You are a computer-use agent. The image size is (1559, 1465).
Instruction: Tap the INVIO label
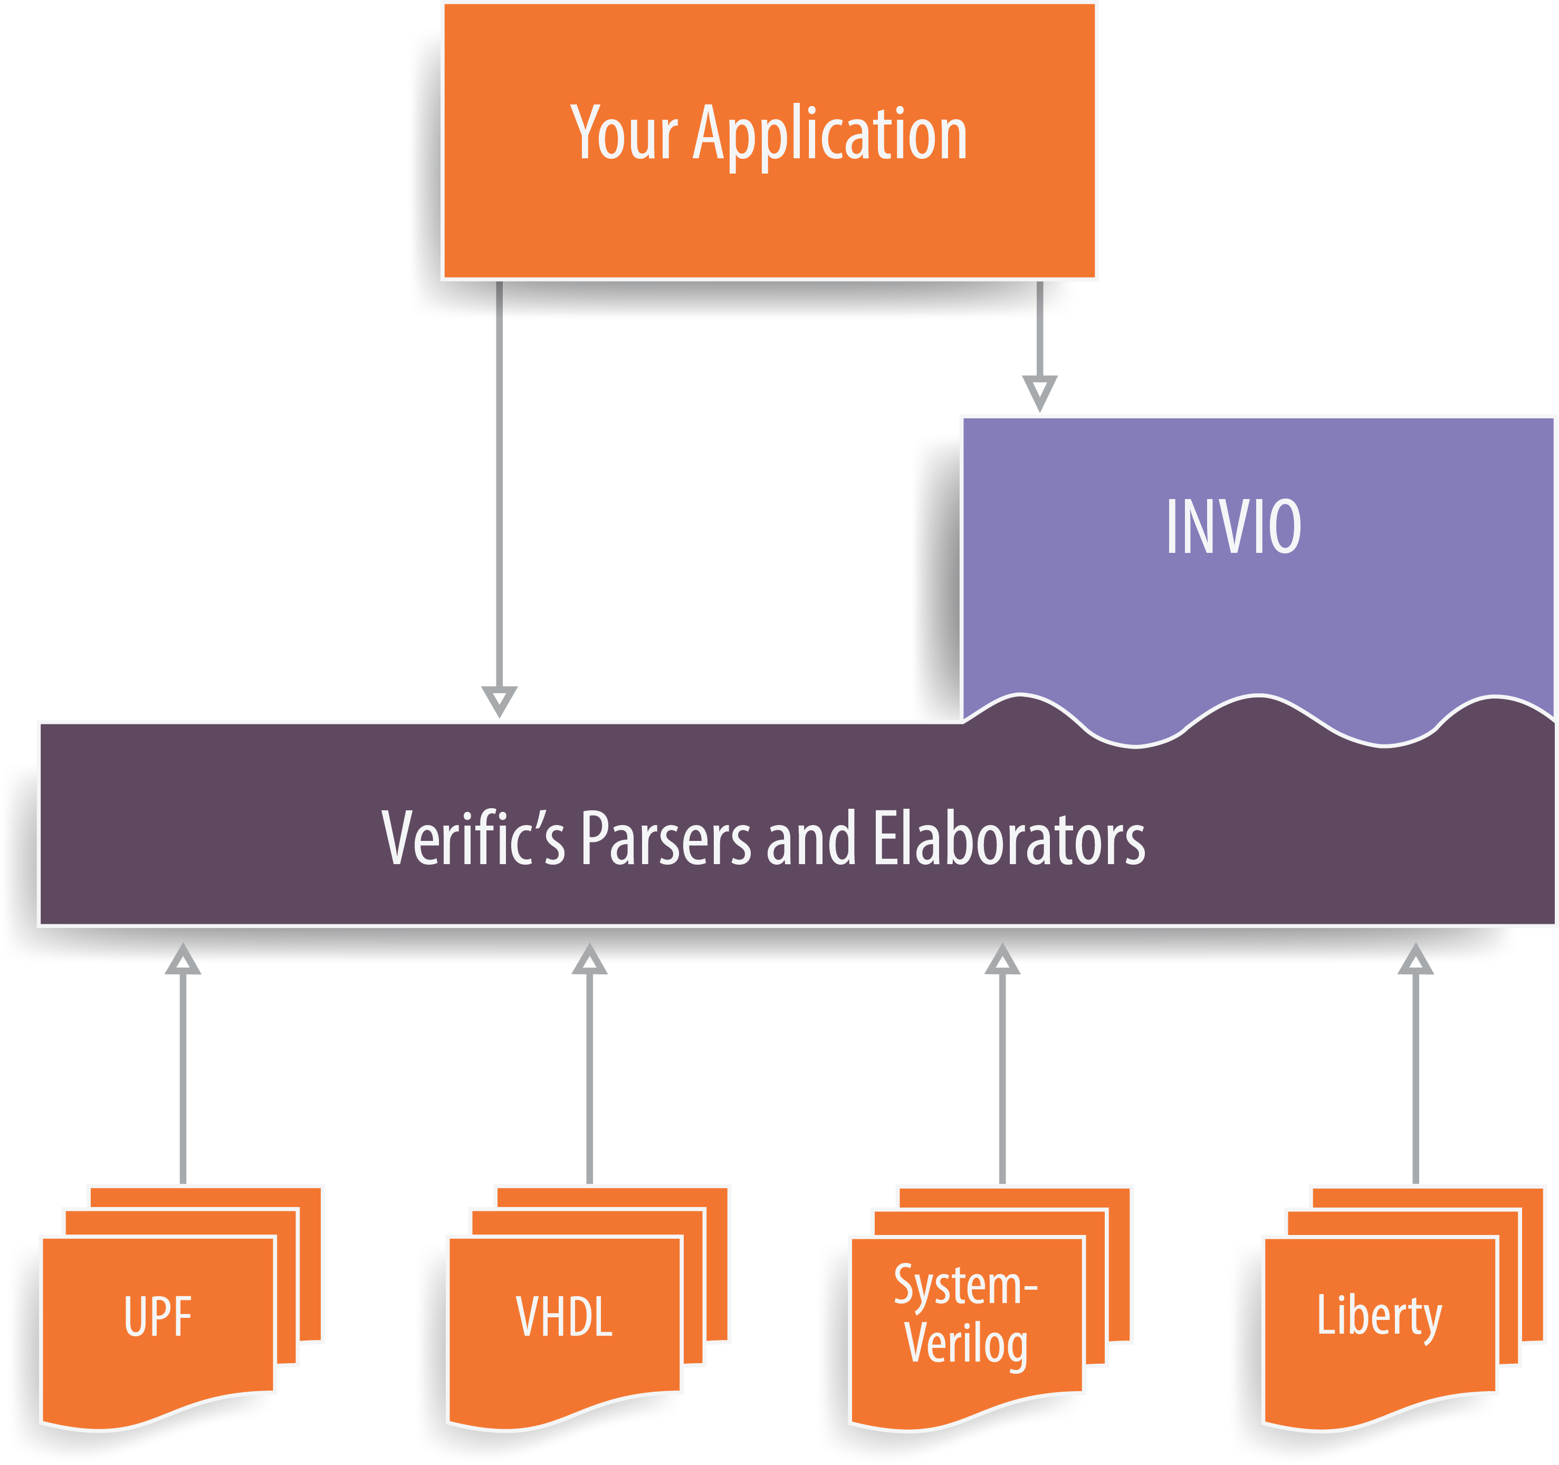[1233, 527]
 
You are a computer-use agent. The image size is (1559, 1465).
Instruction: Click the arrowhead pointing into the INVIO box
[1040, 391]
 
